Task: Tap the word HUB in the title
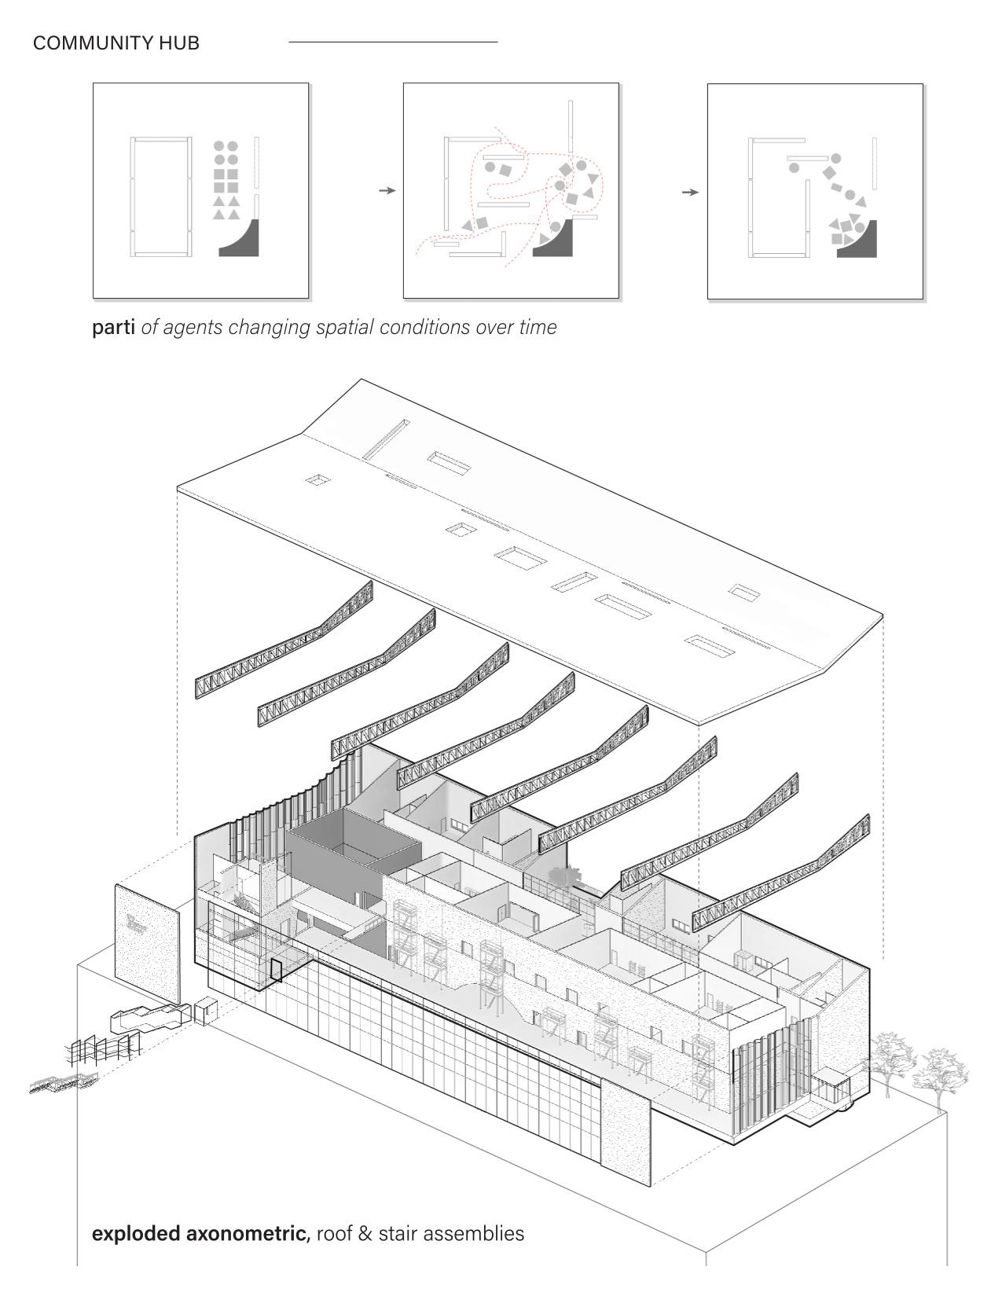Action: click(179, 43)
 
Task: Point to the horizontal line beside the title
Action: click(393, 42)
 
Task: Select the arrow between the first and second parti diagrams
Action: click(387, 191)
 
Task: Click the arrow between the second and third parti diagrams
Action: click(690, 193)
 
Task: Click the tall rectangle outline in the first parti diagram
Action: click(161, 196)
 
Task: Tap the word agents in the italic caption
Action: click(193, 328)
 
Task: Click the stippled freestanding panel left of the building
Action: click(148, 943)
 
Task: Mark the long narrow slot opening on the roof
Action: click(386, 440)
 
